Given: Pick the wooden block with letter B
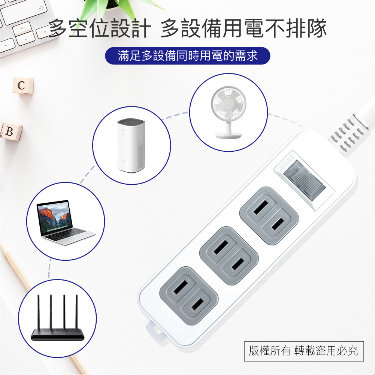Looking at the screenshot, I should pyautogui.click(x=10, y=132).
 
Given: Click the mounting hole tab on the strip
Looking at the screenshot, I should pyautogui.click(x=153, y=329).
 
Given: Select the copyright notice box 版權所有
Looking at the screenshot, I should pyautogui.click(x=303, y=351).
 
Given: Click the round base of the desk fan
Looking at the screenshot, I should pyautogui.click(x=228, y=136).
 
